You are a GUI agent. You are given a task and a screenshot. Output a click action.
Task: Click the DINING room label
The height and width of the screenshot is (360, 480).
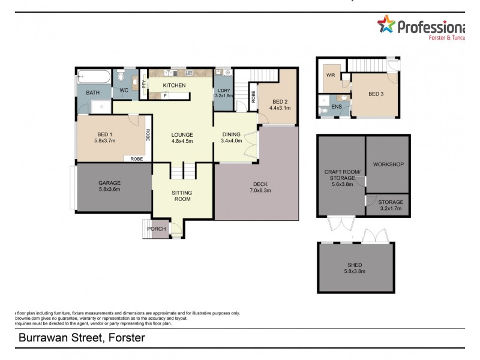pos(230,134)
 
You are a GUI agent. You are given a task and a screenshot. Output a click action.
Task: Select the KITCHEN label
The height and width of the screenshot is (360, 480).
pos(175,86)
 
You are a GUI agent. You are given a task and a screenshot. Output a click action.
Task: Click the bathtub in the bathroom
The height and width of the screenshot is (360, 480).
pos(94,77)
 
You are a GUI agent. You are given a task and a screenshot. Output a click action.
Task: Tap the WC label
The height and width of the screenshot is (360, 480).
pos(124,91)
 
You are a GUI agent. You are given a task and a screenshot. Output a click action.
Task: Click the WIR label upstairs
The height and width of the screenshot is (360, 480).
pos(331,76)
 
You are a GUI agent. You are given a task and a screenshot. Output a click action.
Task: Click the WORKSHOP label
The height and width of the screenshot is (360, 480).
pos(388,164)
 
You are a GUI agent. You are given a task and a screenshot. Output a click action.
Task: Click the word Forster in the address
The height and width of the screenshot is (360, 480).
pos(125,338)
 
